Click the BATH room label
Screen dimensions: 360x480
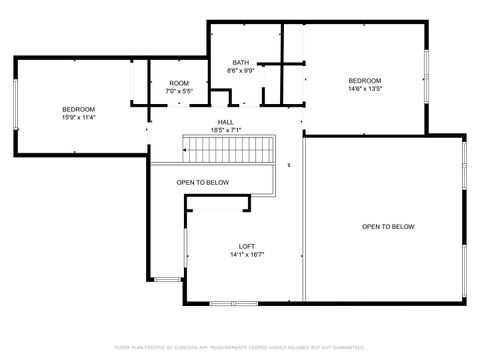tap(241, 62)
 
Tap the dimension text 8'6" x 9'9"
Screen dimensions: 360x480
tap(241, 71)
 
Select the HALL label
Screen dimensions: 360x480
tap(226, 122)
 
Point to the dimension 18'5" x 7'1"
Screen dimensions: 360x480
tap(226, 131)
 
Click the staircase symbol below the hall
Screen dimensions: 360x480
tap(229, 151)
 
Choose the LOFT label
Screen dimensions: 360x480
tap(246, 246)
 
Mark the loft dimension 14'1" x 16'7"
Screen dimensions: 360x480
tap(246, 255)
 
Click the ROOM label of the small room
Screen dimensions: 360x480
tap(179, 83)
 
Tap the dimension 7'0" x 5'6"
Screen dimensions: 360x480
tap(179, 92)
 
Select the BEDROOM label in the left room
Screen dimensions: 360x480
tap(78, 109)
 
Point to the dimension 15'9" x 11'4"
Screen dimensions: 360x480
tap(78, 118)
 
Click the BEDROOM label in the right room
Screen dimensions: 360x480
tap(364, 80)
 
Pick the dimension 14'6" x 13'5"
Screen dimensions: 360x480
tap(364, 89)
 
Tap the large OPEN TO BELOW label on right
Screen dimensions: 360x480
tap(388, 227)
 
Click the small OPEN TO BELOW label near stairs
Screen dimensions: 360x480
tap(203, 183)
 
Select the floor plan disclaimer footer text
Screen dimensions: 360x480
tap(240, 348)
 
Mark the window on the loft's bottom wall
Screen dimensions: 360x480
tap(234, 302)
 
